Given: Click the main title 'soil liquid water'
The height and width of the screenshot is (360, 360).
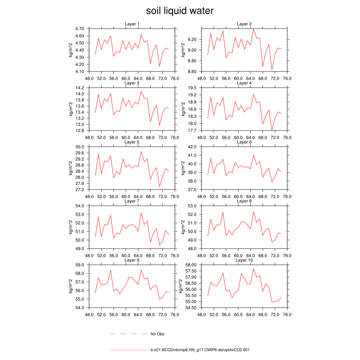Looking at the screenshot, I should coord(180,11).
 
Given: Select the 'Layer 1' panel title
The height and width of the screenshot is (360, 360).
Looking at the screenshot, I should coord(132,24).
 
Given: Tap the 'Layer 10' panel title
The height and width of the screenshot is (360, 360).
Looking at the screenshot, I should coord(244,260).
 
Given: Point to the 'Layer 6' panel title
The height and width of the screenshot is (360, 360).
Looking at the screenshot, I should coord(244,142).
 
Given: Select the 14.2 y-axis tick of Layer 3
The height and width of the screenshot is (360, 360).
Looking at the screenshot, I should coord(80,88).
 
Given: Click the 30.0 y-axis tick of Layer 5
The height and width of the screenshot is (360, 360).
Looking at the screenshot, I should coord(80,147).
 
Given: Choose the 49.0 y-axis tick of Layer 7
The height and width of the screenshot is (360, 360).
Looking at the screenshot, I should coord(80,249).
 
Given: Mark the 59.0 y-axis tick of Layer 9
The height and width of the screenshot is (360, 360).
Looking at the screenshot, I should coord(80,265).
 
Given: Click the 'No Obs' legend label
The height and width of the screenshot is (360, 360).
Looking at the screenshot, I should coord(157,334).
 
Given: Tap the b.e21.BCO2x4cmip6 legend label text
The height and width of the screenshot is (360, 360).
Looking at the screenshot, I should coord(200,350).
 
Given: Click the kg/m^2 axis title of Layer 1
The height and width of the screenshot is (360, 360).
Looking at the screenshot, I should coord(71,50).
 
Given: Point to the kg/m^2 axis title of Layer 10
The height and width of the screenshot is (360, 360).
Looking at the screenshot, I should coord(183,286).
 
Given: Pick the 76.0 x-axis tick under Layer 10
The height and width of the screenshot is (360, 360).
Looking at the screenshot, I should coord(287,315).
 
